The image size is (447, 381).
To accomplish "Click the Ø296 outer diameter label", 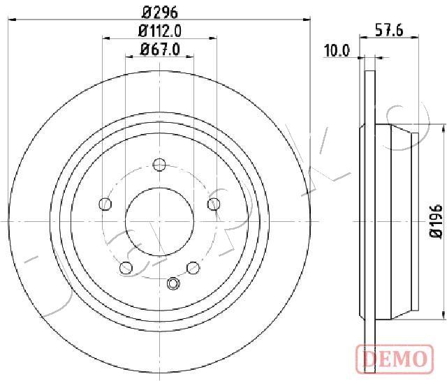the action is [160, 13].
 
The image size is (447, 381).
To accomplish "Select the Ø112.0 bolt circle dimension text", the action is [160, 31].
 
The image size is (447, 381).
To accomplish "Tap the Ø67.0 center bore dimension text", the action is [160, 50].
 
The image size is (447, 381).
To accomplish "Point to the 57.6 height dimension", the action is [389, 30].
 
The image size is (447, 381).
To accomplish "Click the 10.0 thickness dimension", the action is [337, 51].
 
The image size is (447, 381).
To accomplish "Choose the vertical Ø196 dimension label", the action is [436, 221].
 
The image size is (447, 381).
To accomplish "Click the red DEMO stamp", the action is [395, 359].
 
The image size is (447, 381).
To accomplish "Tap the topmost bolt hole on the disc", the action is [159, 165].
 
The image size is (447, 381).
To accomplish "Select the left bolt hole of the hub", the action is [105, 204].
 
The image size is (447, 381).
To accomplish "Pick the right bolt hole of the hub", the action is [214, 204].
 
